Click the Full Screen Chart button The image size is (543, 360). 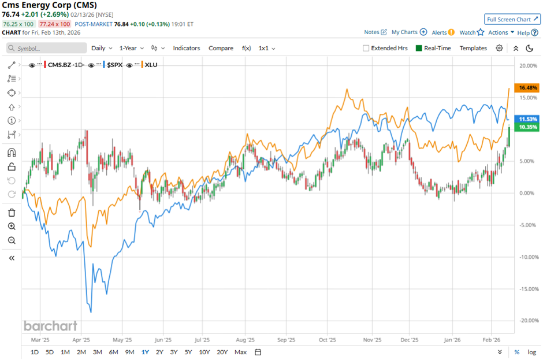tap(512, 19)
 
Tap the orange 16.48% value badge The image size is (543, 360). tap(528, 88)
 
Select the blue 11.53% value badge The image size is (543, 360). tap(528, 118)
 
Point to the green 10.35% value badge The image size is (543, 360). tap(528, 127)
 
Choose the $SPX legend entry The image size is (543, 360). tap(114, 65)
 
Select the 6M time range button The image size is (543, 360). tap(113, 352)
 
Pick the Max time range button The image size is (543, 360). tap(240, 352)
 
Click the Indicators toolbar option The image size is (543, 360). tap(187, 48)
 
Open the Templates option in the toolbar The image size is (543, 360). tap(473, 48)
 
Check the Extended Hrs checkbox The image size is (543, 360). tap(366, 48)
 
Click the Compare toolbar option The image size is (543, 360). tap(221, 48)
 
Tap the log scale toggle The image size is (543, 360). tap(531, 352)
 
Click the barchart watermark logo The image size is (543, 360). tap(50, 325)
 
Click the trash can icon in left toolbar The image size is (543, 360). tap(12, 213)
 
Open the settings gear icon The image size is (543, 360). tap(499, 48)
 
